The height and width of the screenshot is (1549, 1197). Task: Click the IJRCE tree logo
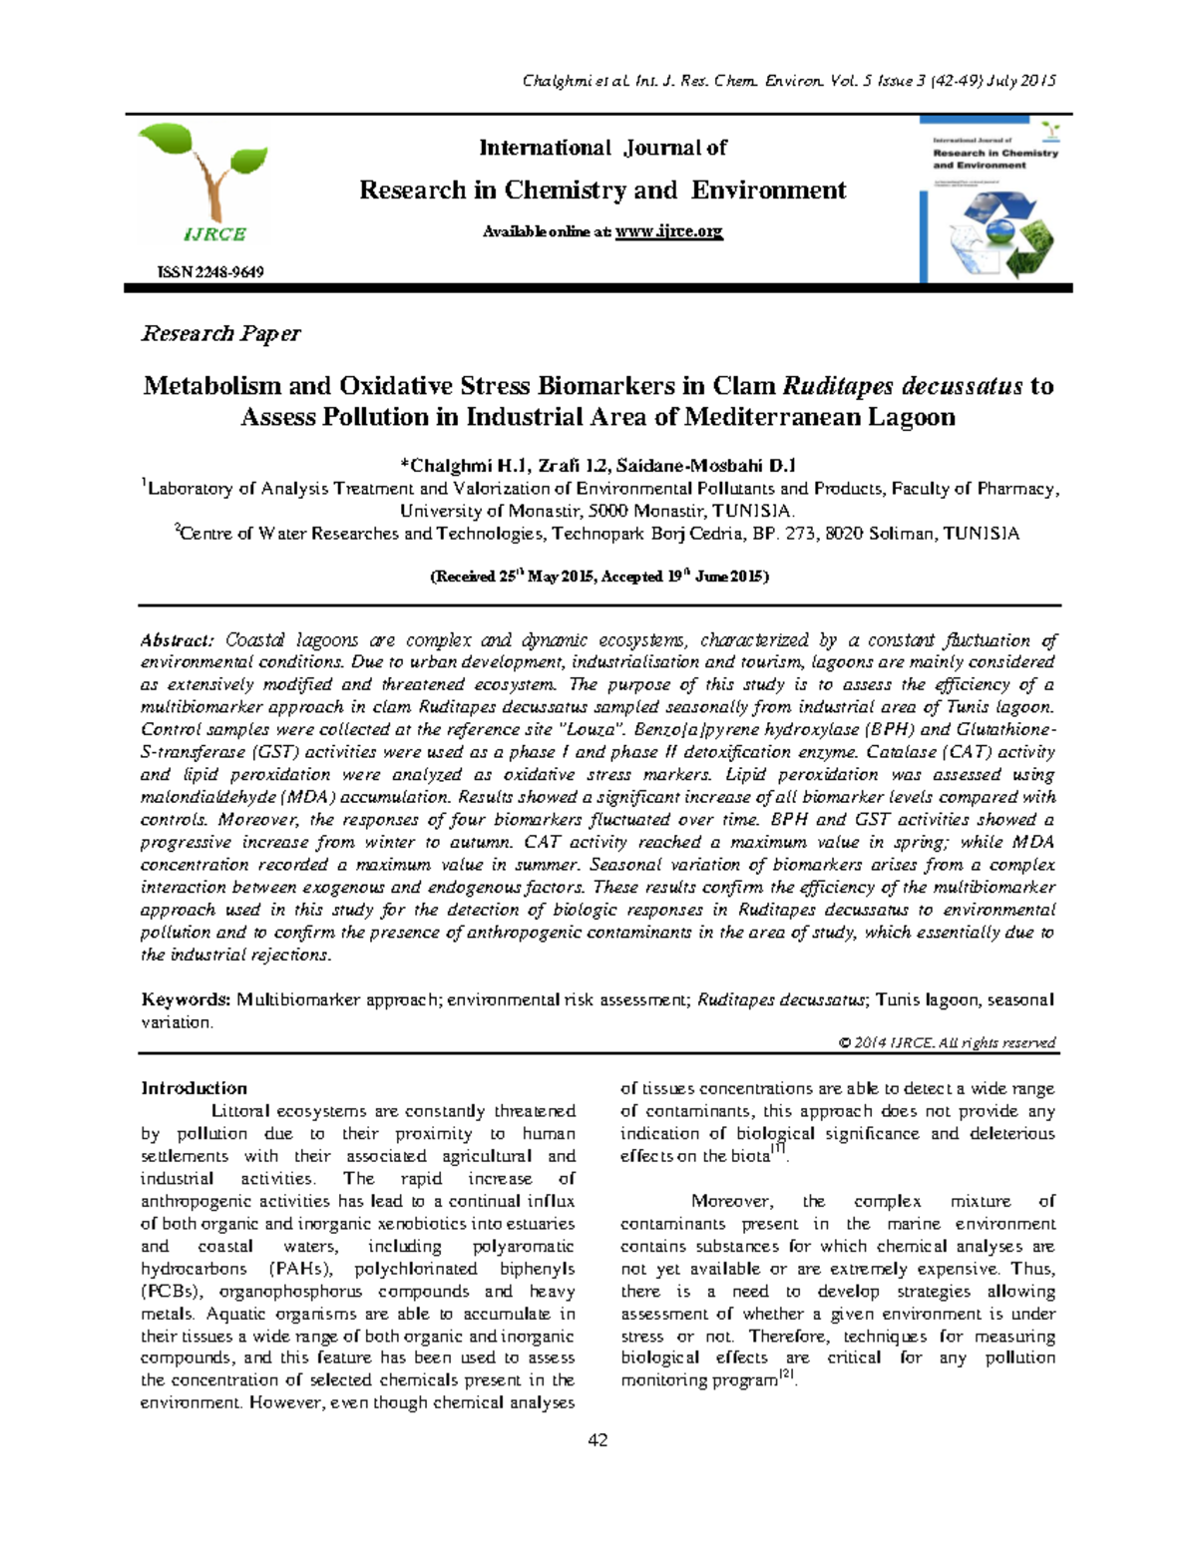tap(203, 186)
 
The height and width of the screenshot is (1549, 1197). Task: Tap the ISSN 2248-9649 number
tap(209, 272)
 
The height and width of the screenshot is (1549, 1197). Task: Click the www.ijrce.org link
tap(668, 231)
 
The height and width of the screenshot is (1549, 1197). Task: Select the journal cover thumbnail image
tap(995, 199)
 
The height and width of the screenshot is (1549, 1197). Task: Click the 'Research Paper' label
tap(220, 333)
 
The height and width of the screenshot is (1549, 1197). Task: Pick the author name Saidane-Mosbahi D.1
tap(706, 465)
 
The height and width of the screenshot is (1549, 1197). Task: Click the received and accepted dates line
tap(598, 577)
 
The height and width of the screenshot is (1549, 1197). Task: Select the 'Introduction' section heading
tap(194, 1088)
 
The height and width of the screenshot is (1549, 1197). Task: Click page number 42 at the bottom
tap(598, 1439)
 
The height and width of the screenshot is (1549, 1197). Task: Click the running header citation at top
tap(789, 81)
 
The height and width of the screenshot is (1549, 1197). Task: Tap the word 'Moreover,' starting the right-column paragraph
tap(730, 1201)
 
